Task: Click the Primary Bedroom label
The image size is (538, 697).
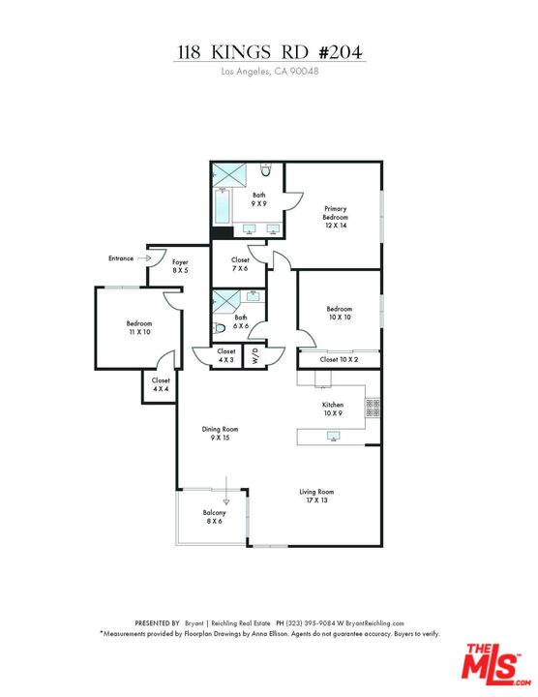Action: [x=336, y=213]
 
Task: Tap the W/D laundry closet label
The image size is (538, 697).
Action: [x=254, y=355]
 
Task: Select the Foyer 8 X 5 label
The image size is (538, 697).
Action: [x=180, y=266]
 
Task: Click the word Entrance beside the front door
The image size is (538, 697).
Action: [x=121, y=258]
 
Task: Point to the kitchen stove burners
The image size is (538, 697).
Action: [x=372, y=408]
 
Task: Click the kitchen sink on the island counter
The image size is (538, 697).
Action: [x=334, y=438]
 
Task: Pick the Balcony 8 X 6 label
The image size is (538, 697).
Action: [x=214, y=517]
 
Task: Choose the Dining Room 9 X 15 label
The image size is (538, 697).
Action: [x=220, y=433]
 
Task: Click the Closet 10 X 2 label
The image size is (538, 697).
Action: [x=339, y=359]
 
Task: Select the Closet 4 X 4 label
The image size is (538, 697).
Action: [x=161, y=384]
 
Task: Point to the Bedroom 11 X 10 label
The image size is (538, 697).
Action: [x=138, y=327]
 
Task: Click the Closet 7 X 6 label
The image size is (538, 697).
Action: [x=240, y=263]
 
